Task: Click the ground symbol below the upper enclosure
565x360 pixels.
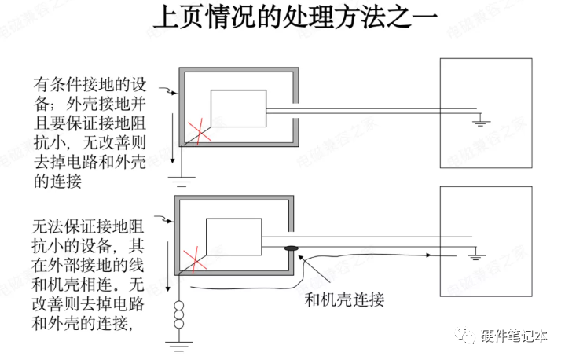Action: click(x=182, y=182)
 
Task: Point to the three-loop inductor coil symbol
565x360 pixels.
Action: click(x=181, y=312)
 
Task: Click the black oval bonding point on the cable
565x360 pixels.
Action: click(x=292, y=251)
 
